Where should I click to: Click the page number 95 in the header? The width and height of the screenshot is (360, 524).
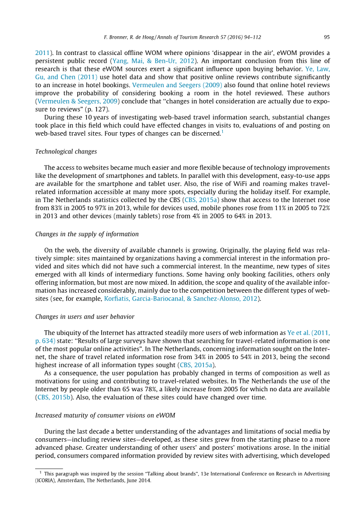327,37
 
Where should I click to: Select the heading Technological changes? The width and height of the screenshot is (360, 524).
66,151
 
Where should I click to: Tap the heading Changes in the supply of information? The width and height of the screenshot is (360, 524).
87,234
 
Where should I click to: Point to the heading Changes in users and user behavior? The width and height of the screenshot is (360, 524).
85,316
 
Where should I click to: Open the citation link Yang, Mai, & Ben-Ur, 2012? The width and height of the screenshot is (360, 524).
153,60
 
